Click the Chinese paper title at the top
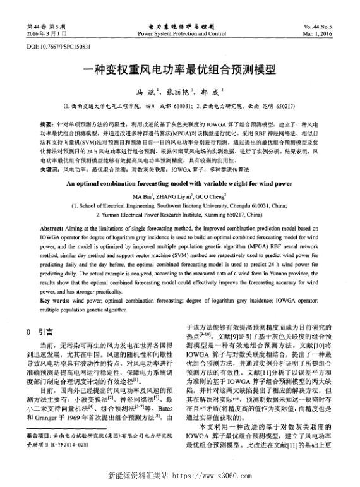tap(179, 71)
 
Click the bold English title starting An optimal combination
tap(179, 183)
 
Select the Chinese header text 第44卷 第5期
tap(43, 26)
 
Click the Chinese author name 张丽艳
tap(180, 92)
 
